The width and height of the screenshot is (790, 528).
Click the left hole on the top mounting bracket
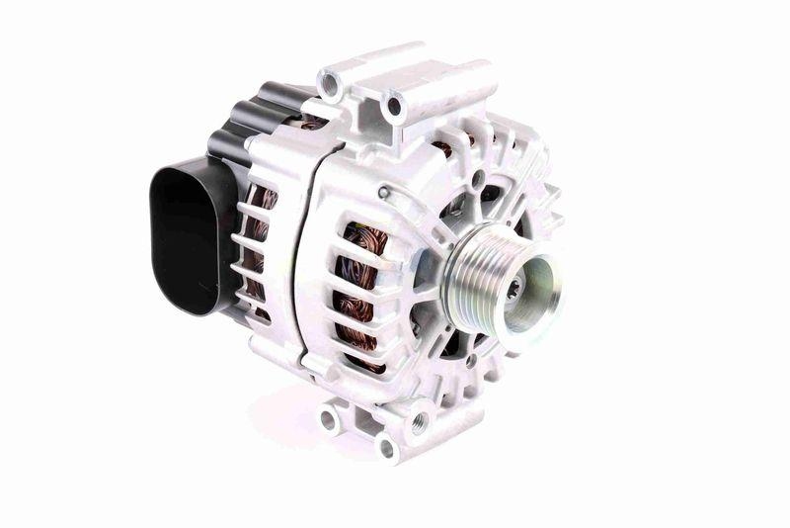[x=330, y=85]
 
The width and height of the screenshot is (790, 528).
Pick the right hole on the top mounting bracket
[x=395, y=105]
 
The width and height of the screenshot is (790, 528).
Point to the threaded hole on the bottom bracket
[x=419, y=424]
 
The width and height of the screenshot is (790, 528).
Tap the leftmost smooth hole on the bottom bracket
[x=327, y=419]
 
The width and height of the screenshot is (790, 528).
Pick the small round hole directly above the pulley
[x=478, y=181]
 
